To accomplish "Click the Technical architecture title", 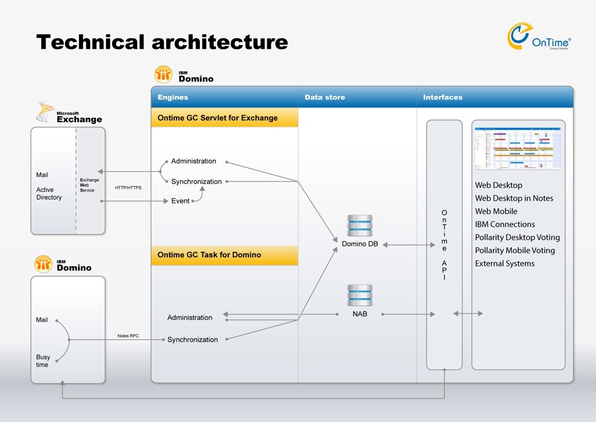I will (x=162, y=42).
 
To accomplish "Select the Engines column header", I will (x=173, y=97).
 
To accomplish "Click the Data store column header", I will (x=325, y=97).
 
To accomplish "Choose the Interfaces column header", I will (x=443, y=97).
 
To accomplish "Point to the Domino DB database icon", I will (x=360, y=226).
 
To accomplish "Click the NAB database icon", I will (x=360, y=296).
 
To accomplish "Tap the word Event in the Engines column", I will (x=180, y=201).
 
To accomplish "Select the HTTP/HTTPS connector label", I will (x=128, y=188).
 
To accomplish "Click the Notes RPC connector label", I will (x=127, y=336).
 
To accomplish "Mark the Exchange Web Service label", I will (x=89, y=185).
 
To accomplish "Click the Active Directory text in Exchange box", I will (x=49, y=194).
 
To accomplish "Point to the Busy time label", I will (x=43, y=361).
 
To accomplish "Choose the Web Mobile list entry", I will (x=496, y=211).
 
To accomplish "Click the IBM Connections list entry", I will (x=505, y=224).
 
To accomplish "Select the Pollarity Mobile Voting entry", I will (x=515, y=251).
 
